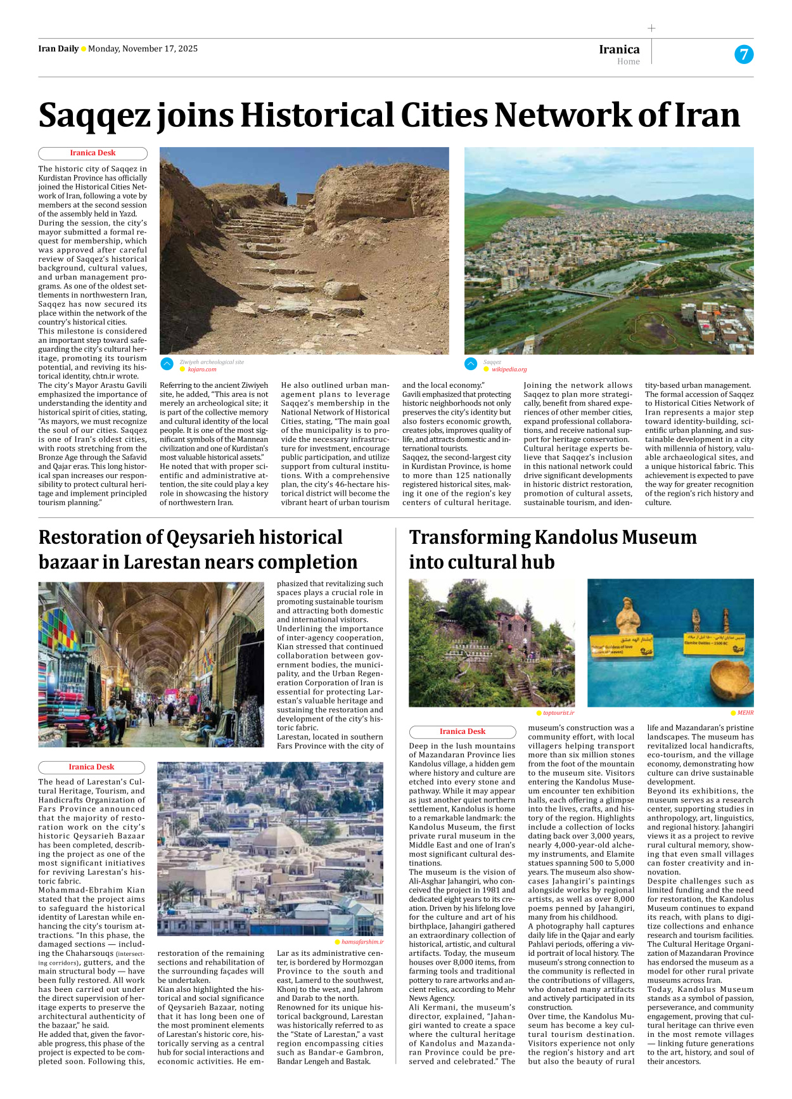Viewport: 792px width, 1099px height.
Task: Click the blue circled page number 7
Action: coord(744,55)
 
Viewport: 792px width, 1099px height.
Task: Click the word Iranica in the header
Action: coord(619,49)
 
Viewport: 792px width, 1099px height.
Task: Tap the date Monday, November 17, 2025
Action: coord(143,49)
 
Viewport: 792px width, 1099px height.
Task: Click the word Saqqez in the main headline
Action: coord(94,116)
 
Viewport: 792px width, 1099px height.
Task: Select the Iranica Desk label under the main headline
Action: coord(93,153)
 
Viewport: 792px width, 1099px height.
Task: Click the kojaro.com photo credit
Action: coord(201,370)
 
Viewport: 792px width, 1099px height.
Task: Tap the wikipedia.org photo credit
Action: coord(509,370)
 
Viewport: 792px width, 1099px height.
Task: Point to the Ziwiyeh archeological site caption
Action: coord(212,362)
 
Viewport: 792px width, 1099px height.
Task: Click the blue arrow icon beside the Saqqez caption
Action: coord(471,364)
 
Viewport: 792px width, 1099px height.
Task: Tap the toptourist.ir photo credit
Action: coord(558,713)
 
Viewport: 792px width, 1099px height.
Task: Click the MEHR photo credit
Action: coord(745,713)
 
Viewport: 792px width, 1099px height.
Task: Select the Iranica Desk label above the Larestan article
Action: coord(91,767)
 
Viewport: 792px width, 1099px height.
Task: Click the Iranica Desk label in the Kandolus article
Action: coord(463,731)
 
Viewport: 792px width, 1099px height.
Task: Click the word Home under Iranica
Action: coord(628,61)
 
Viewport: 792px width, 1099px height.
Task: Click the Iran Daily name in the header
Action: coord(58,49)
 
